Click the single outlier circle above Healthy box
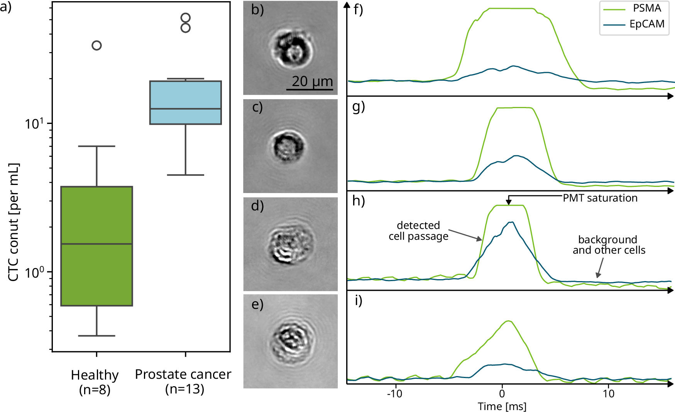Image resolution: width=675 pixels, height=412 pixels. pyautogui.click(x=96, y=46)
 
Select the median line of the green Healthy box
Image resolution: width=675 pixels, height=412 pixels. pyautogui.click(x=96, y=244)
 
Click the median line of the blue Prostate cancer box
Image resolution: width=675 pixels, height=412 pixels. pyautogui.click(x=185, y=109)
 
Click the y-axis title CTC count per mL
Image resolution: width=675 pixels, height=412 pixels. pyautogui.click(x=14, y=222)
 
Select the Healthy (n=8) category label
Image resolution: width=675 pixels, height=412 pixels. pyautogui.click(x=95, y=382)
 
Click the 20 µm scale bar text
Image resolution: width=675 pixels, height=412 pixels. pyautogui.click(x=312, y=81)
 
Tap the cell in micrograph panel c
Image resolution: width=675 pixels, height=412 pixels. pyautogui.click(x=289, y=146)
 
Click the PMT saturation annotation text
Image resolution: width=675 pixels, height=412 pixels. pyautogui.click(x=600, y=198)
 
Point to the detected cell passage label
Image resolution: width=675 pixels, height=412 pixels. pyautogui.click(x=418, y=231)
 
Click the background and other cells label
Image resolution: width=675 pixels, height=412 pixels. pyautogui.click(x=609, y=245)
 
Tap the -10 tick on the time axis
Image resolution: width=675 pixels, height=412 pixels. pyautogui.click(x=395, y=394)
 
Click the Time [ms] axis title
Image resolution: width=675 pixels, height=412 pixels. pyautogui.click(x=502, y=406)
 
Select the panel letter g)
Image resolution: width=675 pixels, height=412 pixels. pyautogui.click(x=359, y=107)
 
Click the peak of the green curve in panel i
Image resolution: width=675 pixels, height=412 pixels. pyautogui.click(x=509, y=321)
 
